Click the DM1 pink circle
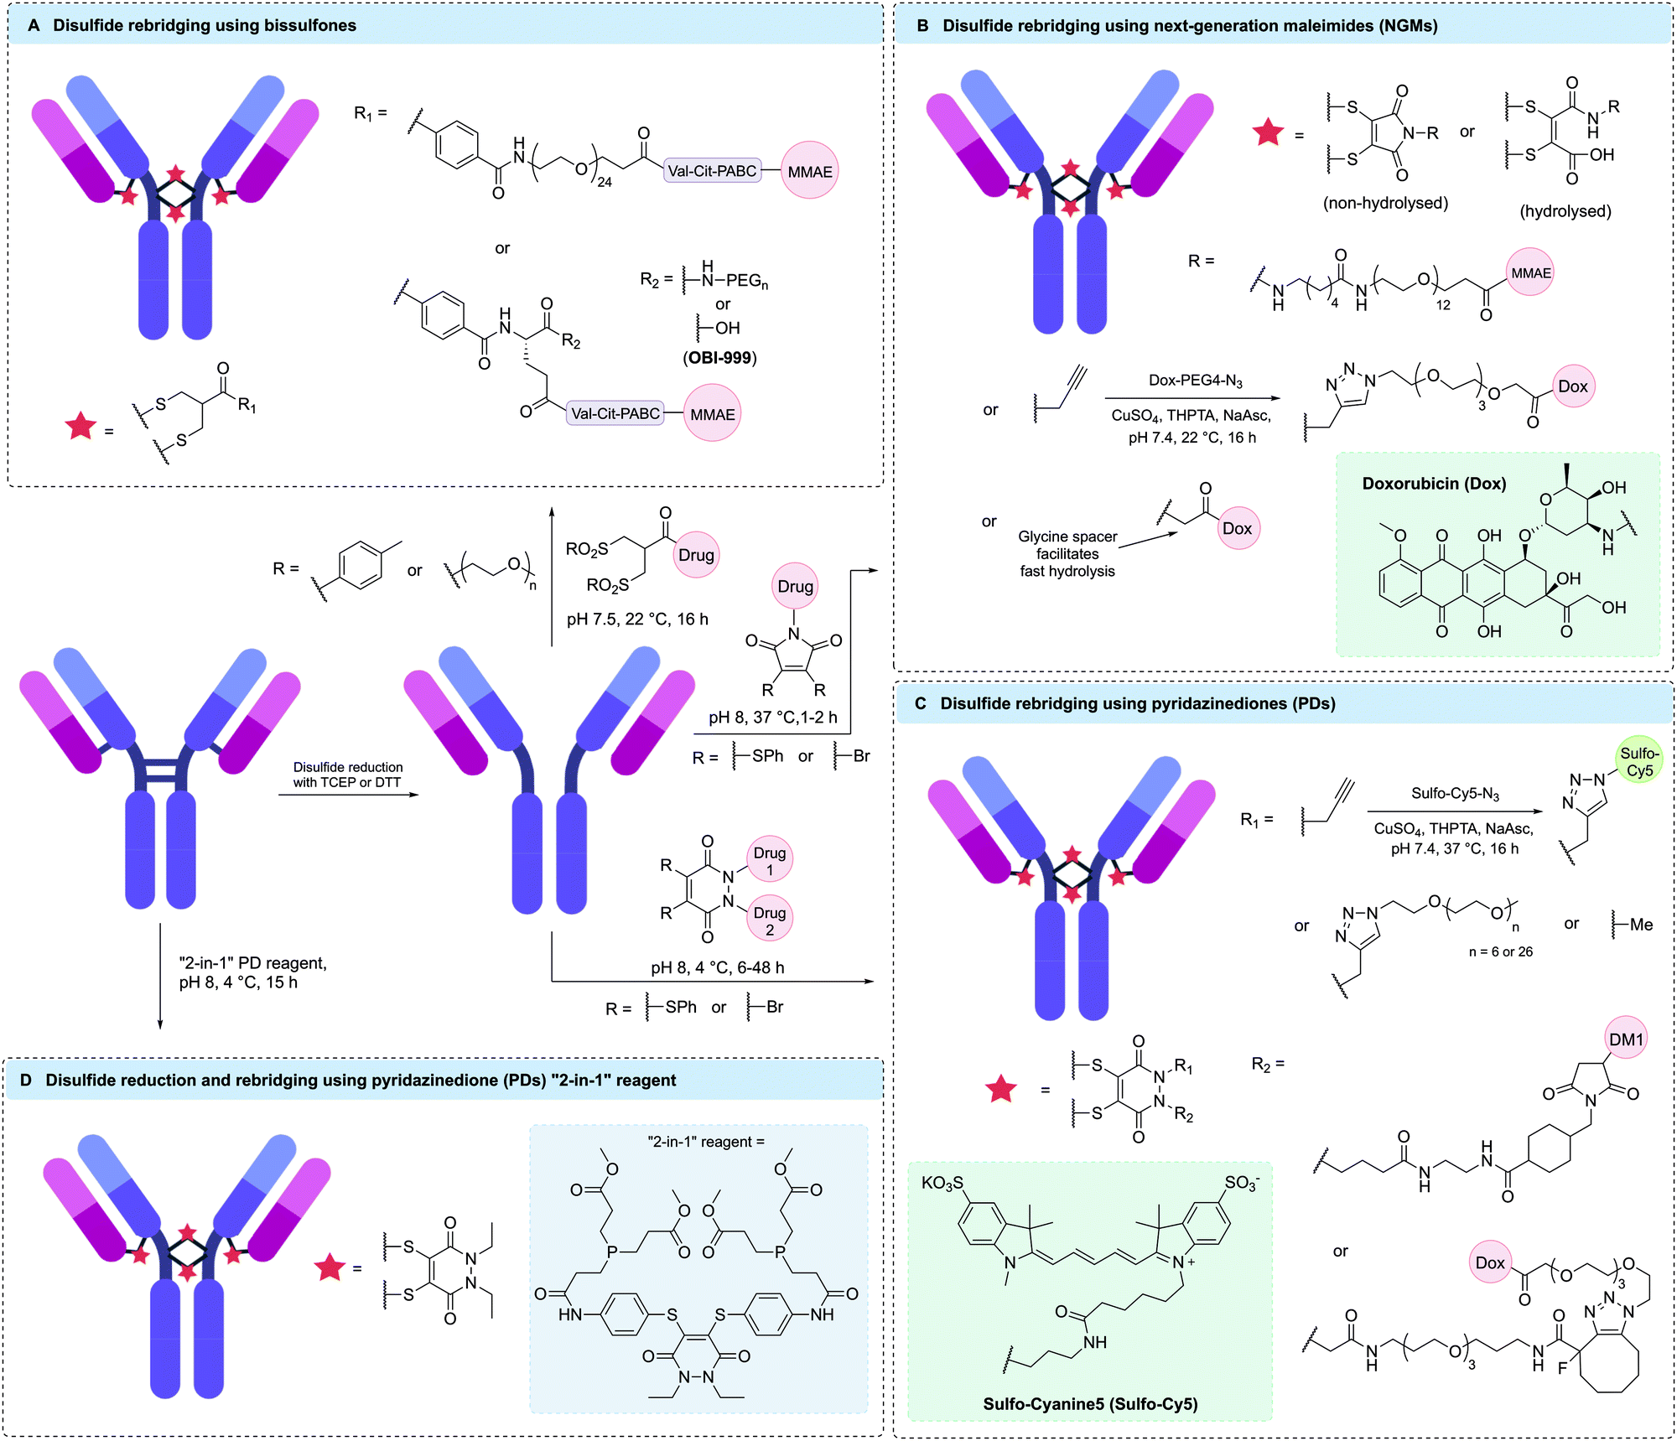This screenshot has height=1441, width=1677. [x=1626, y=1039]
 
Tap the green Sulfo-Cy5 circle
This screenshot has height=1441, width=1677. [x=1638, y=762]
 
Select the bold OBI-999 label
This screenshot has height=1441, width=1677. [x=719, y=358]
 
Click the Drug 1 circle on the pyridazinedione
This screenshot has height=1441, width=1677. [x=769, y=861]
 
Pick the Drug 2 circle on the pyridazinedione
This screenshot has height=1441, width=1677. [x=769, y=920]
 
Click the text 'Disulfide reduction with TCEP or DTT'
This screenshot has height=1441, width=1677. [x=347, y=775]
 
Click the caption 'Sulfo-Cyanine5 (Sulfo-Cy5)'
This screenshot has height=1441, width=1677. [x=1090, y=1403]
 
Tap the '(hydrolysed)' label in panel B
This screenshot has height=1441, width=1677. [x=1565, y=211]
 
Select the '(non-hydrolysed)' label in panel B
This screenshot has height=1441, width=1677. [x=1385, y=203]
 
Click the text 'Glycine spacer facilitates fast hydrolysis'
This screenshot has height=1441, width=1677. [x=1067, y=553]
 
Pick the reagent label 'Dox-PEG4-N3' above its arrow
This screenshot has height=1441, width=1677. [x=1195, y=381]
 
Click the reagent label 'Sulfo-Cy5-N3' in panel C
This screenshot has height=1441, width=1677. [x=1455, y=794]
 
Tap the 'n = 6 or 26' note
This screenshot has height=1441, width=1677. [x=1500, y=951]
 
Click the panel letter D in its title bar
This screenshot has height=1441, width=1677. [x=26, y=1080]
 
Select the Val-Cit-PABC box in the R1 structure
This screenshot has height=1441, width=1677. [x=712, y=171]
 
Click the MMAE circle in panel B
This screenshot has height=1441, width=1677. [x=1531, y=272]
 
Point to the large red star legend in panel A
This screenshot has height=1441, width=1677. [x=80, y=427]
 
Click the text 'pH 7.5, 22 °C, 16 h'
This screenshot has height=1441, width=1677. [x=637, y=619]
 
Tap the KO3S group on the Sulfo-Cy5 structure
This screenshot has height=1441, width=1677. [x=942, y=1183]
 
